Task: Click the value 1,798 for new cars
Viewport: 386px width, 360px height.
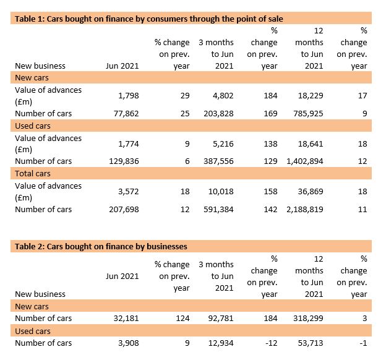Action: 129,95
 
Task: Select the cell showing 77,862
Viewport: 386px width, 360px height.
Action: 126,114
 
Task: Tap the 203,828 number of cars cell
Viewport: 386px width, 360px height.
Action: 218,114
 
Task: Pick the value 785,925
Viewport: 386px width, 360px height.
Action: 308,114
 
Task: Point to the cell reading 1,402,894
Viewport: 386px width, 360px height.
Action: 305,161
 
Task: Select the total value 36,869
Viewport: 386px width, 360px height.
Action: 311,192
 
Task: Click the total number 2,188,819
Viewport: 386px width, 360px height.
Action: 305,210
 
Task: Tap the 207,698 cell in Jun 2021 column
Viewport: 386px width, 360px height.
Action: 124,210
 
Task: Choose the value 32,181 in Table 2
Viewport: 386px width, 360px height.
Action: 126,319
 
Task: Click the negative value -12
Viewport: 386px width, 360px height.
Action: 272,343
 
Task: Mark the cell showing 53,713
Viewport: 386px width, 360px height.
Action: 311,343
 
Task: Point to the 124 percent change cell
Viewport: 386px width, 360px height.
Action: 182,319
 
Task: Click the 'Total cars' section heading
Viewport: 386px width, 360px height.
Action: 33,174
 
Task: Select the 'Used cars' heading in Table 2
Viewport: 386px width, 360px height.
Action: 33,331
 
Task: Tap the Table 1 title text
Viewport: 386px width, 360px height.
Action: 149,19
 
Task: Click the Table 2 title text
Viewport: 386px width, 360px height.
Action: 101,246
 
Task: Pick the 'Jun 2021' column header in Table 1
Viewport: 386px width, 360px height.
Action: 122,66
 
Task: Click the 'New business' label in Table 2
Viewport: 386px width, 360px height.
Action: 40,294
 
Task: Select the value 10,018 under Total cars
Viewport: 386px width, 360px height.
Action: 221,192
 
